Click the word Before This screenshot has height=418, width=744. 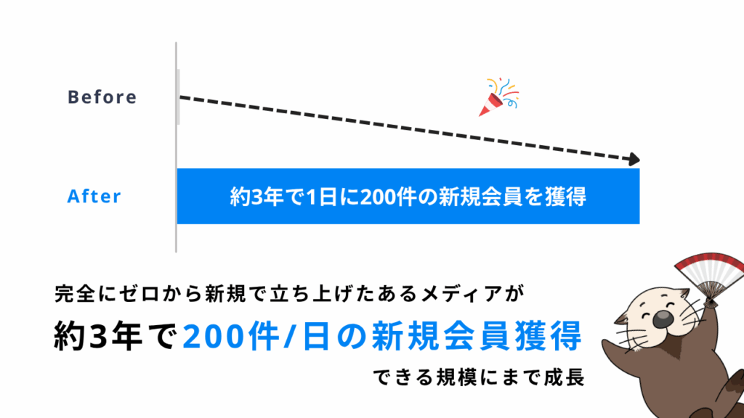pos(102,97)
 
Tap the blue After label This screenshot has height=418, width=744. pos(94,197)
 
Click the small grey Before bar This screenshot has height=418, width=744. pos(178,97)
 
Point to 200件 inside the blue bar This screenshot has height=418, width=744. pos(384,197)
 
